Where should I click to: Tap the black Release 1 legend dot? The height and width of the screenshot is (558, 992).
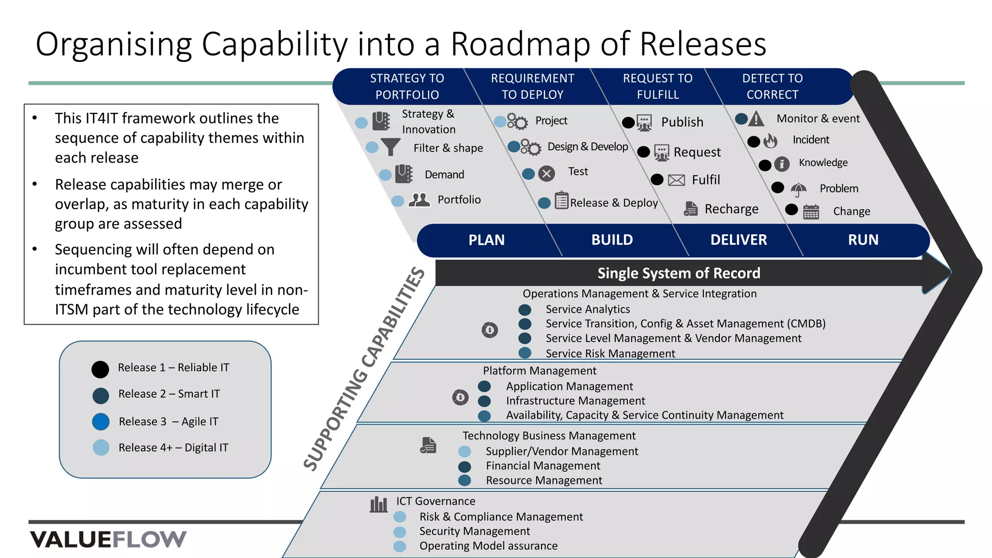tap(100, 369)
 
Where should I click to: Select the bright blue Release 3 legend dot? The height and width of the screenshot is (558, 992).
tap(101, 421)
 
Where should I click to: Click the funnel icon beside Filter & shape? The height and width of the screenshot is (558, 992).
tap(390, 147)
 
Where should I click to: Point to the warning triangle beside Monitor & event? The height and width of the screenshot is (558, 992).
tap(756, 119)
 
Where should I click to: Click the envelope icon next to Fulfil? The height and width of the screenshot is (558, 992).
tap(676, 180)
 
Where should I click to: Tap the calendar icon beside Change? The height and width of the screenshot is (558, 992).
tap(811, 212)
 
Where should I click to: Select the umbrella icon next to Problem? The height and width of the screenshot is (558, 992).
tap(798, 189)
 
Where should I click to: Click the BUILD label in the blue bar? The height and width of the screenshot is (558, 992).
tap(612, 240)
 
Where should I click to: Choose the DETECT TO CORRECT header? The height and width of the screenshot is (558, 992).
tap(772, 86)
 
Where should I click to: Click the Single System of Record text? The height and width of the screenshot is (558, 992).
tap(679, 273)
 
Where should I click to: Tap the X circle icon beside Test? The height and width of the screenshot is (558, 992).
tap(546, 173)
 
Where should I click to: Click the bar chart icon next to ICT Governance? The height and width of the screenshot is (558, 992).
tap(378, 504)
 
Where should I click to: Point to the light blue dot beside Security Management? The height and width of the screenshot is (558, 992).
tap(400, 532)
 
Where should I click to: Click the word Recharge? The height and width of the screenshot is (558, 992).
tap(731, 209)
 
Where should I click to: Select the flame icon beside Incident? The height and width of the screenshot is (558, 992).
tap(770, 141)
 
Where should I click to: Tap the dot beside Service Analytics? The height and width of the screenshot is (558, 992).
tap(525, 310)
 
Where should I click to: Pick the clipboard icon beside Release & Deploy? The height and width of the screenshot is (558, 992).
tap(561, 200)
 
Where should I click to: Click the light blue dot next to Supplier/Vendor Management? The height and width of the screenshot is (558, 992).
tap(465, 451)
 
